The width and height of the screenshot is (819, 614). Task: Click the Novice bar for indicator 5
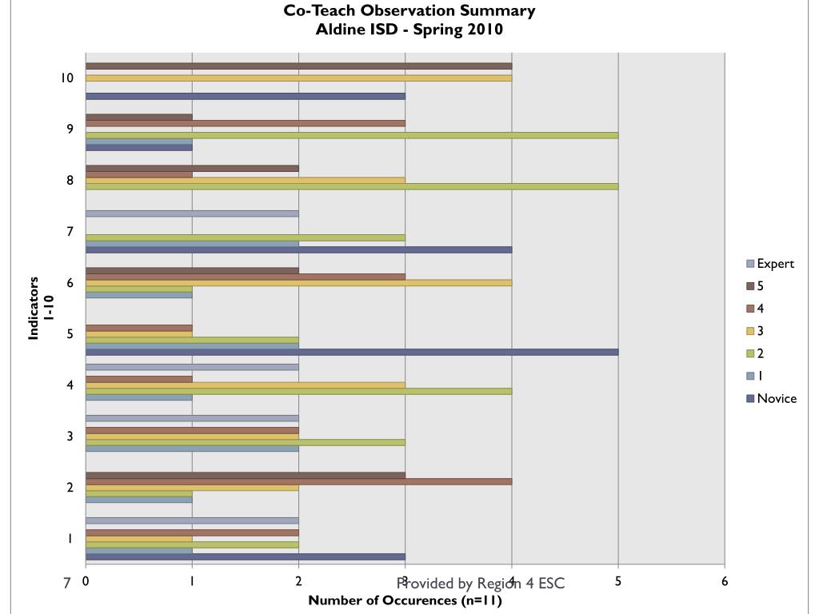pos(352,352)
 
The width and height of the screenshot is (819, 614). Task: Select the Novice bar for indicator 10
pos(245,96)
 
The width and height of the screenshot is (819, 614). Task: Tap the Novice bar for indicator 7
pos(298,249)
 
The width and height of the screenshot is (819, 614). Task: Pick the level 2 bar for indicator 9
pos(352,135)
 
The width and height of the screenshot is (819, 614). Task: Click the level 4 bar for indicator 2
pos(298,481)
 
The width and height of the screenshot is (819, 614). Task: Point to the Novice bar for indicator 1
pos(245,556)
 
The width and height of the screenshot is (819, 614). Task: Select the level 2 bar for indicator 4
pos(298,391)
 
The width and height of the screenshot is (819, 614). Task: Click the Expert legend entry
pos(769,264)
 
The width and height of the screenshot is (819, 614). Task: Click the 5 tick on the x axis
pos(618,582)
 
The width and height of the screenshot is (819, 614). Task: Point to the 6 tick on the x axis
pos(725,582)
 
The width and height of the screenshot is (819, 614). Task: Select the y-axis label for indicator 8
pos(70,181)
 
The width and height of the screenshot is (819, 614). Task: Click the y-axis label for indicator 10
pos(67,78)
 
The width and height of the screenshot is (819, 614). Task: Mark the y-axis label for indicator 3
pos(70,437)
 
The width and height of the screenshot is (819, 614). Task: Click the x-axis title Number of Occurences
pos(405,601)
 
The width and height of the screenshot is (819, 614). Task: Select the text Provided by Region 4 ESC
pos(480,584)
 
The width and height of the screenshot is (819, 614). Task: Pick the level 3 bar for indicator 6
pos(298,282)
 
